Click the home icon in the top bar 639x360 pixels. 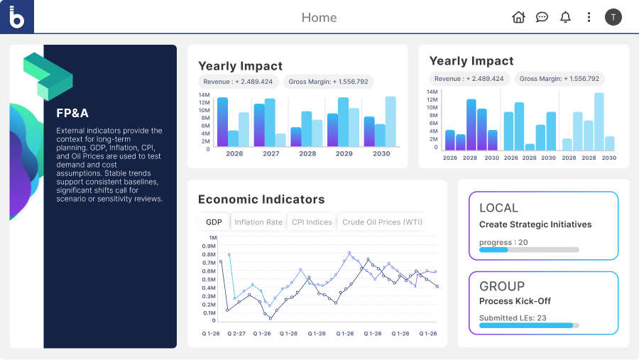coord(518,17)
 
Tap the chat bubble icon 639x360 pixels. coord(542,17)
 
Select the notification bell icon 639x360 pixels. coord(565,17)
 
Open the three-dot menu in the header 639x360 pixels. coord(589,17)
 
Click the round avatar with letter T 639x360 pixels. coord(613,17)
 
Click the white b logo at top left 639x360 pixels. coord(17,16)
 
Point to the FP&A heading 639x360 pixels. coord(72,113)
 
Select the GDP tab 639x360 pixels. coord(214,222)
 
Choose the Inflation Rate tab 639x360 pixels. coord(258,222)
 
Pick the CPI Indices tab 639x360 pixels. coord(312,222)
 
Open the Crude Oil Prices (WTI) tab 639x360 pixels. coord(382,222)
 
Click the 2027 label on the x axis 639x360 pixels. coord(271,153)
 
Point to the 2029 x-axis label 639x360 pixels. coord(344,153)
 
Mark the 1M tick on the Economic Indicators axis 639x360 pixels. coord(211,238)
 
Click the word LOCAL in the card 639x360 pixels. coord(498,208)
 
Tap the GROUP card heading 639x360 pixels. coord(502,286)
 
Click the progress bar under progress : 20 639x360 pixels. coord(529,250)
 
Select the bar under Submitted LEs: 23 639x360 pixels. coord(529,325)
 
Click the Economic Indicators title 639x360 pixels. coord(261,200)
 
